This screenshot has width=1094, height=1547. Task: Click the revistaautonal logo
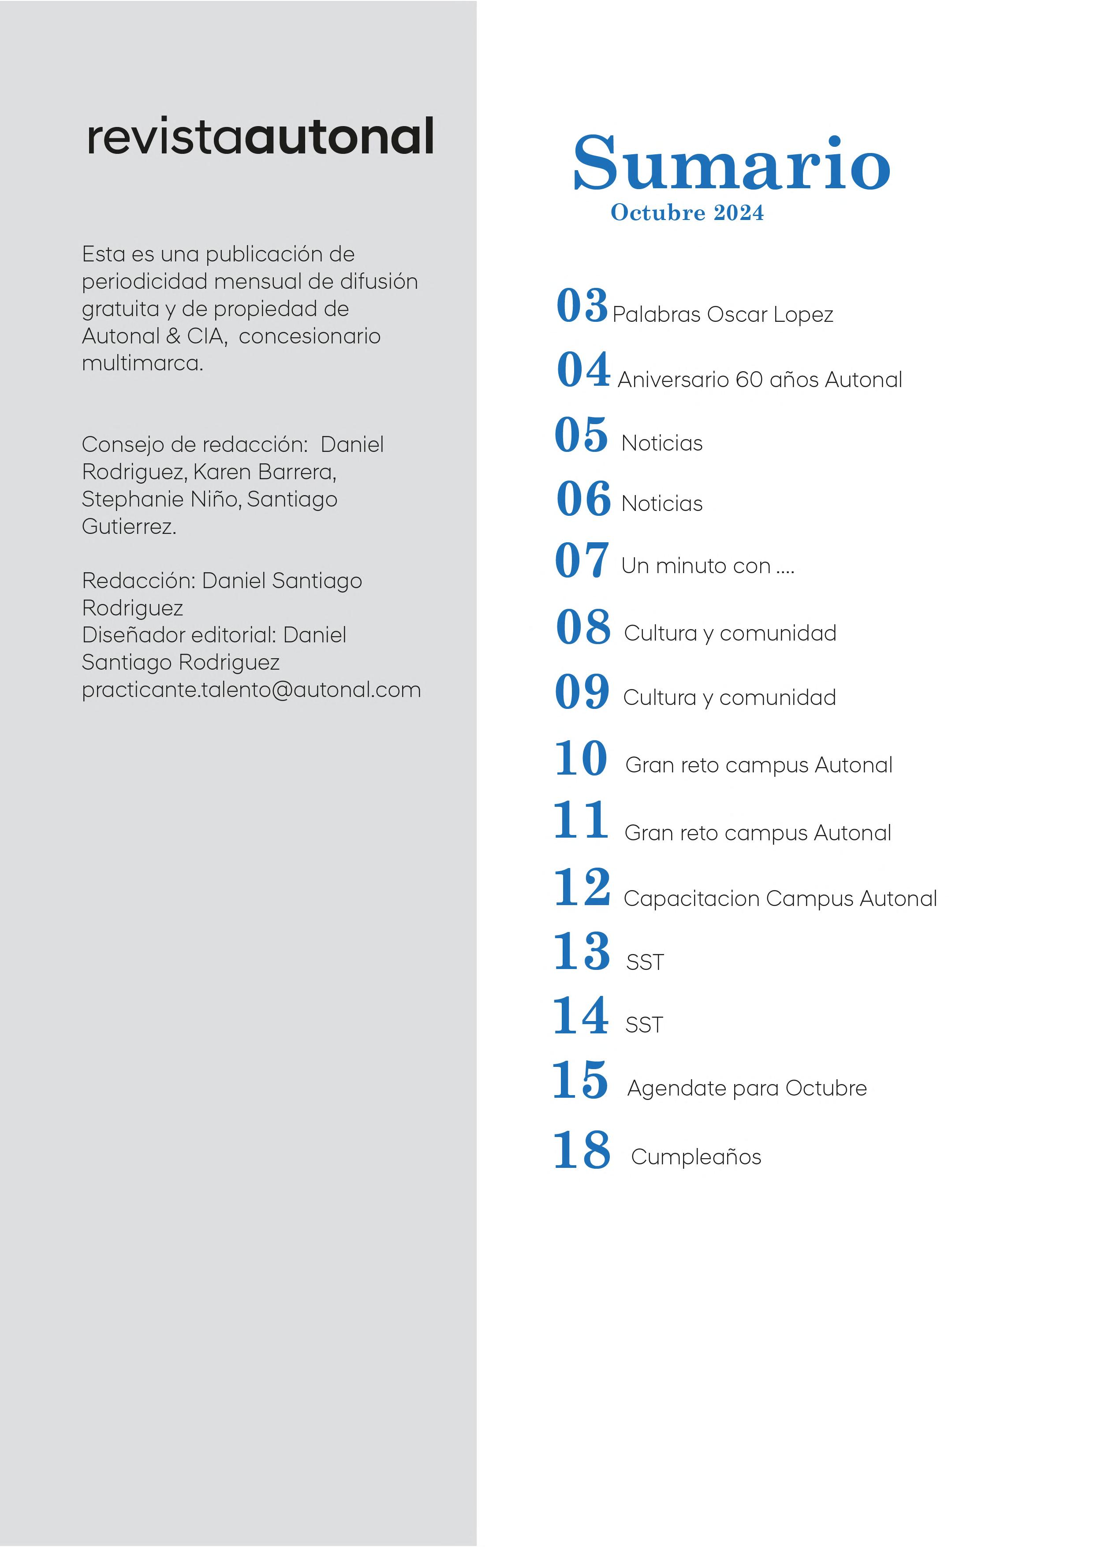coord(260,137)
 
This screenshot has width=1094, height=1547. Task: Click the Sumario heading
coord(732,164)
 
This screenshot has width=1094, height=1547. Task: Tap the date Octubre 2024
coord(687,213)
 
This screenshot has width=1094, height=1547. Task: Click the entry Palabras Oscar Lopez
coord(723,315)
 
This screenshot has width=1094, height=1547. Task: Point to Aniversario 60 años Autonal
coord(760,380)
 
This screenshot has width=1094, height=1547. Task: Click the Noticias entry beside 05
coord(662,444)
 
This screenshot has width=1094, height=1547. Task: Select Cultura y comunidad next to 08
coord(730,634)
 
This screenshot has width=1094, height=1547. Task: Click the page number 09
coord(582,692)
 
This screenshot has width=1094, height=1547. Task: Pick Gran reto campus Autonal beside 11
coord(758,834)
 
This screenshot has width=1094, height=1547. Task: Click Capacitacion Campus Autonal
coord(780,899)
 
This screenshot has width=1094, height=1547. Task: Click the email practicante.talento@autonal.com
coord(251,690)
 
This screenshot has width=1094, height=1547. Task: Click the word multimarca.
coord(142,364)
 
